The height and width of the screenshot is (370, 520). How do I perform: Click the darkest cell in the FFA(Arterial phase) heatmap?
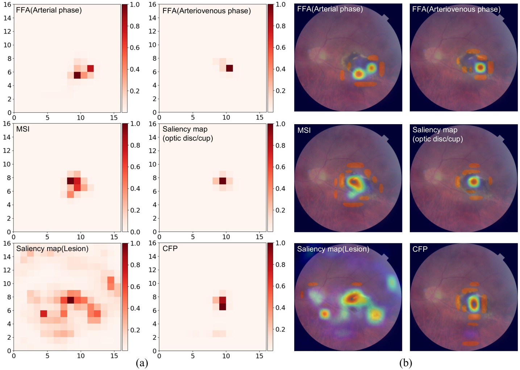coord(77,75)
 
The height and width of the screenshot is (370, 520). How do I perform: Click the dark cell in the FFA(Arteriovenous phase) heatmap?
coord(229,68)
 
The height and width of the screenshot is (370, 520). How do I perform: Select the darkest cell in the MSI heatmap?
coord(70,181)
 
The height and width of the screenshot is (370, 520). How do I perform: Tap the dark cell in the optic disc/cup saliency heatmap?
coord(222,181)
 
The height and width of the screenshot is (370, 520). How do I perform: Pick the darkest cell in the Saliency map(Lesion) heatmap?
coord(70,300)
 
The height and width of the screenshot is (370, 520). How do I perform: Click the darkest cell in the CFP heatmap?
coord(222,307)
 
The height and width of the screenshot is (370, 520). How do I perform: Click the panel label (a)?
coord(142,363)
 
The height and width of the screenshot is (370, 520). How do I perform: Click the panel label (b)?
coord(405,363)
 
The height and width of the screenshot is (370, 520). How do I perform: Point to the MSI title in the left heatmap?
coord(23,129)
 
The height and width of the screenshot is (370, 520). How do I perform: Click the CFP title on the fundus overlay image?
coord(420,249)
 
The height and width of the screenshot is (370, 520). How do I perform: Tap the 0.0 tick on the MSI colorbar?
coord(135,232)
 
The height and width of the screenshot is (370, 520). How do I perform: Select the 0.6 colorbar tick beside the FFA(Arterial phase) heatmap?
coord(135,48)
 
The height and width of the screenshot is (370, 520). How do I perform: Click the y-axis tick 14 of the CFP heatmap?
coord(152,256)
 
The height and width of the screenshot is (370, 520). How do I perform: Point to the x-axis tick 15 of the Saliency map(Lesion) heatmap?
coord(114,356)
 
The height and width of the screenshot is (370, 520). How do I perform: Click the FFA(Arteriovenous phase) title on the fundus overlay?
coord(456,9)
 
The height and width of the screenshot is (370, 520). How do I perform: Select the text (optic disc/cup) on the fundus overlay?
coord(437,139)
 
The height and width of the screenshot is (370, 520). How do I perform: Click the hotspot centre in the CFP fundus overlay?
coord(473,303)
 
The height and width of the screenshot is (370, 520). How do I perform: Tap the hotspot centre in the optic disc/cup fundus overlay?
coord(473,181)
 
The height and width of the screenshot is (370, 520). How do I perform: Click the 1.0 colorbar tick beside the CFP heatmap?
coord(280,243)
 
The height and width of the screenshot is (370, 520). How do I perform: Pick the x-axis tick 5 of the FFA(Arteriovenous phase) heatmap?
coord(193,117)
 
